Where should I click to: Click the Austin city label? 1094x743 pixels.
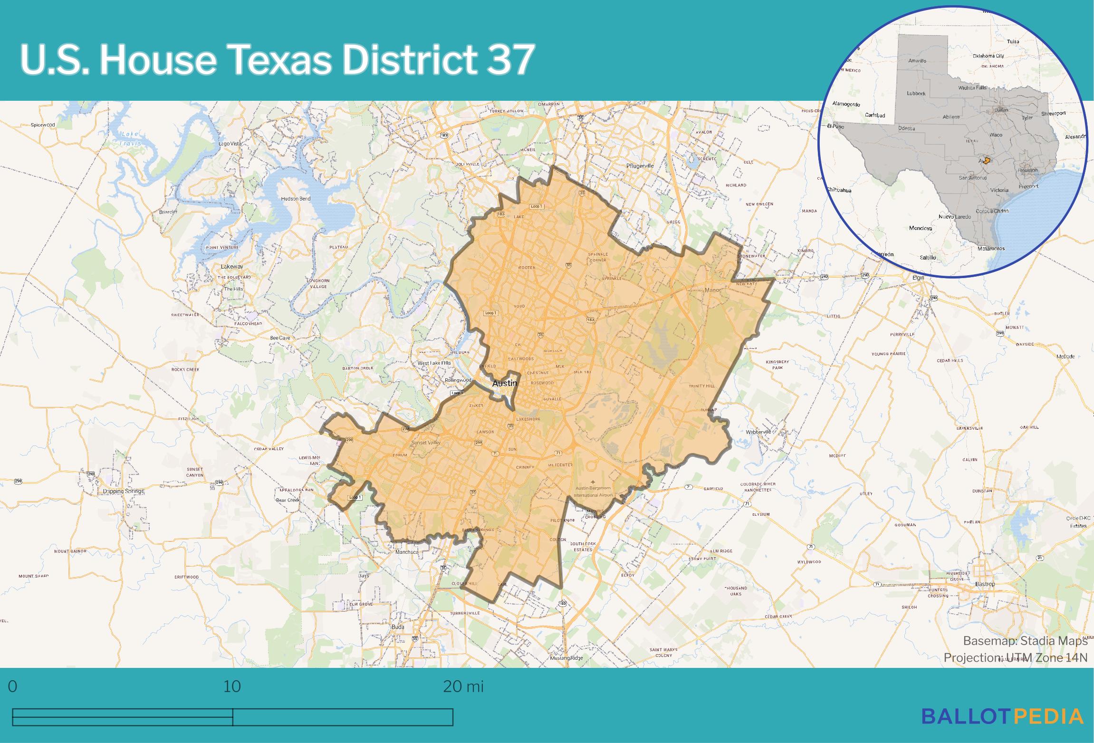[504, 383]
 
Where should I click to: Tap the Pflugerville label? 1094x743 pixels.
[640, 166]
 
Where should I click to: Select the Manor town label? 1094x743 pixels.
[713, 290]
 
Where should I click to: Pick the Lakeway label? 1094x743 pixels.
[232, 267]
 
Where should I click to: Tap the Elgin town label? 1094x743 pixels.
[918, 278]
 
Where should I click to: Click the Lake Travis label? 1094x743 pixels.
[130, 138]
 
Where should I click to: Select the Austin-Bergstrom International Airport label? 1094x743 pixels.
[593, 492]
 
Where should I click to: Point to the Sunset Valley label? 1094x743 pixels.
[426, 443]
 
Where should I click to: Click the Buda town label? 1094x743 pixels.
[398, 627]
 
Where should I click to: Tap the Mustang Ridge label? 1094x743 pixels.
[566, 658]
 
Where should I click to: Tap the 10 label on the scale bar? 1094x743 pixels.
[232, 686]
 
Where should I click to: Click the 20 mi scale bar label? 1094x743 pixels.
[463, 686]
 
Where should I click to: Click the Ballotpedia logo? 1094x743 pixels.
[1003, 716]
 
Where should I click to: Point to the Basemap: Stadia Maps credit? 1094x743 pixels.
[1025, 641]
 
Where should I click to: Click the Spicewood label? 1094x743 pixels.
[43, 125]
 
